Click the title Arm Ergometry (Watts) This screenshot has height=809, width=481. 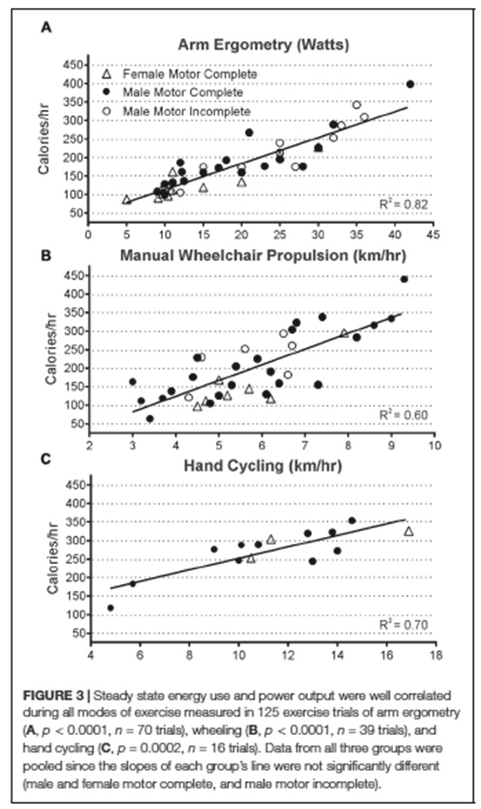pyautogui.click(x=263, y=44)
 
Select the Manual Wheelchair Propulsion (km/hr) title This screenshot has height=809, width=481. pyautogui.click(x=263, y=255)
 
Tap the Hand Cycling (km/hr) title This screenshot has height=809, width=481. pyautogui.click(x=263, y=466)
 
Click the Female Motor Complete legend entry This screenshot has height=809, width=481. pyautogui.click(x=180, y=74)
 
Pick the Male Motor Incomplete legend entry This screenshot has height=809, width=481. pyautogui.click(x=176, y=112)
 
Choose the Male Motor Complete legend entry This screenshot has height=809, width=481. pyautogui.click(x=173, y=93)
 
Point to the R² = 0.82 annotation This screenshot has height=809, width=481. pyautogui.click(x=403, y=204)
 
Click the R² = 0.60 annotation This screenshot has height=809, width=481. pyautogui.click(x=403, y=415)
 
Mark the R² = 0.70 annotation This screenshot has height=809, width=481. pyautogui.click(x=403, y=624)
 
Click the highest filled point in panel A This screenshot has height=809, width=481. pyautogui.click(x=410, y=84)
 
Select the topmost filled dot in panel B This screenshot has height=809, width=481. pyautogui.click(x=404, y=279)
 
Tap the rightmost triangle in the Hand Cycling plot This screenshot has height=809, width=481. pyautogui.click(x=409, y=531)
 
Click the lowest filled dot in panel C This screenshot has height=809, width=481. pyautogui.click(x=111, y=608)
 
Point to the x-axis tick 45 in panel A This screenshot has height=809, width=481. pyautogui.click(x=433, y=235)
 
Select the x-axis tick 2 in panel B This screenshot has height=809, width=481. pyautogui.click(x=91, y=445)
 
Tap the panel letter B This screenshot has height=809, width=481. pyautogui.click(x=46, y=255)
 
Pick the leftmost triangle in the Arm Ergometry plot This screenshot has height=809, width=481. pyautogui.click(x=126, y=200)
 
